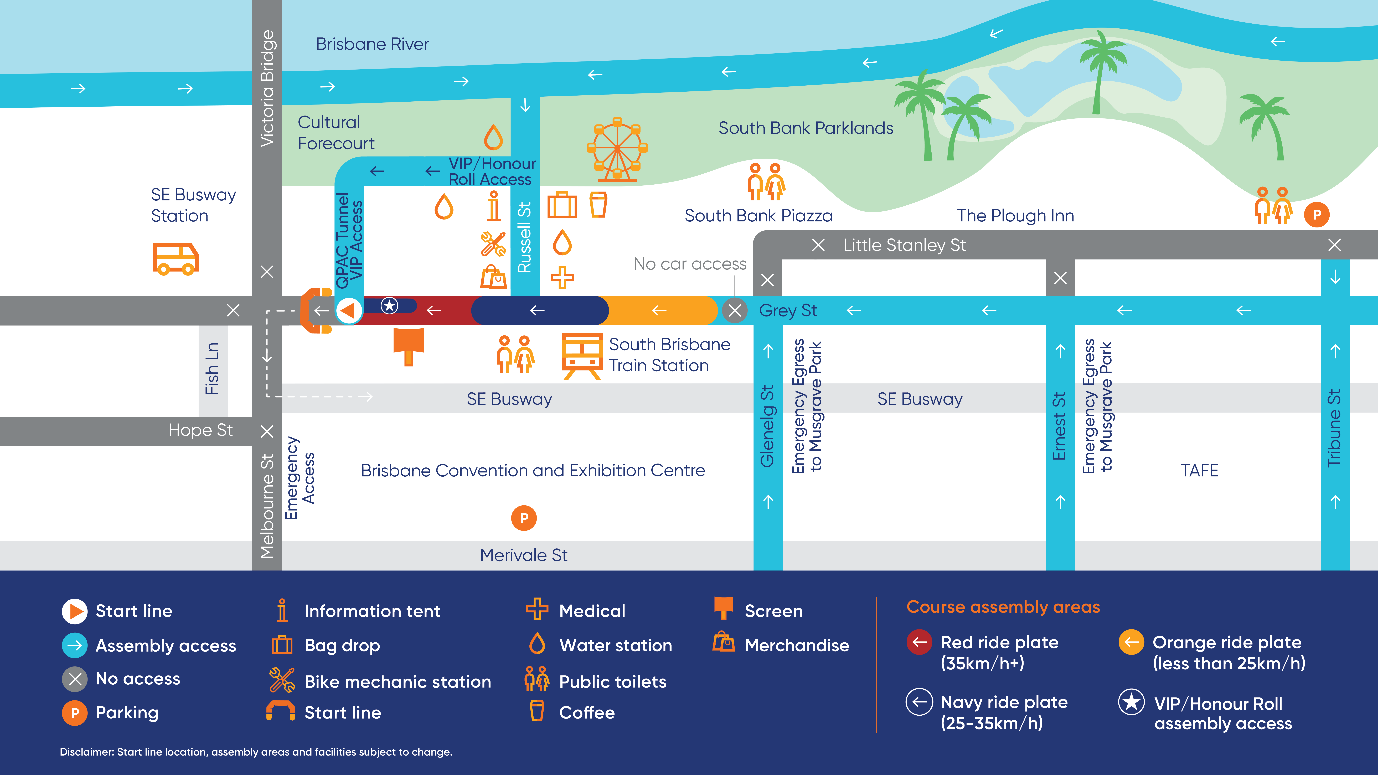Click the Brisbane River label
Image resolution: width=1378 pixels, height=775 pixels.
pyautogui.click(x=372, y=44)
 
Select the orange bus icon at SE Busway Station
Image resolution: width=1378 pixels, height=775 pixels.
pyautogui.click(x=176, y=259)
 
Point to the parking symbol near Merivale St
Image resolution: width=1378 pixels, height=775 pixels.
pyautogui.click(x=524, y=518)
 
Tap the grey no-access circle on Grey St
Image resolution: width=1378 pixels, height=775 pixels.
pyautogui.click(x=735, y=310)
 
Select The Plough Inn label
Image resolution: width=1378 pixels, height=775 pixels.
pyautogui.click(x=1015, y=216)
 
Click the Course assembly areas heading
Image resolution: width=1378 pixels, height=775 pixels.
pyautogui.click(x=1003, y=607)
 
